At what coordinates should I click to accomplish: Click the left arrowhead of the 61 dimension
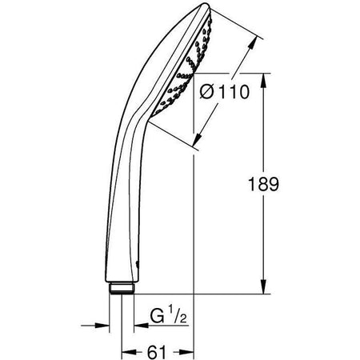click(127, 350)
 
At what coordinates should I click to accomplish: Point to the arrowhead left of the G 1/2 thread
click(102, 326)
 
